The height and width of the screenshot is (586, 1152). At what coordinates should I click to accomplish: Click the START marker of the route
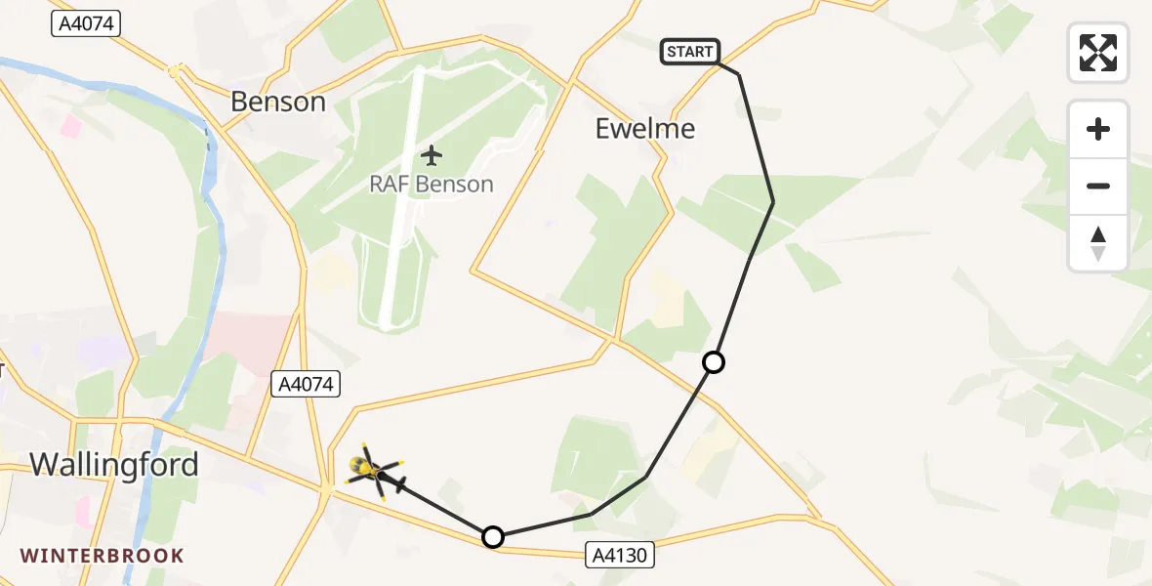[x=690, y=52]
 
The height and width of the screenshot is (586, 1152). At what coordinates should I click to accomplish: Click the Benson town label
[x=278, y=101]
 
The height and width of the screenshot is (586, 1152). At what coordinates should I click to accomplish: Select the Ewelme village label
[x=645, y=128]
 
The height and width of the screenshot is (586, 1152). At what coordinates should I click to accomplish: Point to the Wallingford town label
[x=114, y=464]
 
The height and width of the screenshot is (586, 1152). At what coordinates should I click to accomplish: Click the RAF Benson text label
[x=431, y=184]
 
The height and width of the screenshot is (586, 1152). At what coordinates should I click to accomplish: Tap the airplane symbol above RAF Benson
[x=431, y=154]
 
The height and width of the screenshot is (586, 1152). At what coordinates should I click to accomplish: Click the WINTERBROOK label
[x=102, y=556]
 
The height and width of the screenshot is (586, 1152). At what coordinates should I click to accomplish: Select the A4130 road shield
[x=620, y=556]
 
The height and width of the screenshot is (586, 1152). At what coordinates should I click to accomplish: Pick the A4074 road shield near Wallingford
[x=305, y=385]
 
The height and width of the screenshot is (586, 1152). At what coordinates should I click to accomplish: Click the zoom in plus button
[x=1098, y=129]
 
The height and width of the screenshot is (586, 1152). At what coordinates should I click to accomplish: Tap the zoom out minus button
[x=1098, y=186]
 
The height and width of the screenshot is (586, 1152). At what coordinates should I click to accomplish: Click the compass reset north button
[x=1098, y=242]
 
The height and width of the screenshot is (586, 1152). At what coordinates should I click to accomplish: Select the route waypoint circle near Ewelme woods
[x=714, y=362]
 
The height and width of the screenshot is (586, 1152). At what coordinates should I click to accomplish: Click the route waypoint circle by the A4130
[x=493, y=537]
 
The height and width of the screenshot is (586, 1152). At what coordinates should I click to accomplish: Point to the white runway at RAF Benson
[x=402, y=195]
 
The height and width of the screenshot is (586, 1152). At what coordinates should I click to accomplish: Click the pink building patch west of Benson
[x=71, y=125]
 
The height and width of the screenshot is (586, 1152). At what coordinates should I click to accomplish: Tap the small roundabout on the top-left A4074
[x=175, y=70]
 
